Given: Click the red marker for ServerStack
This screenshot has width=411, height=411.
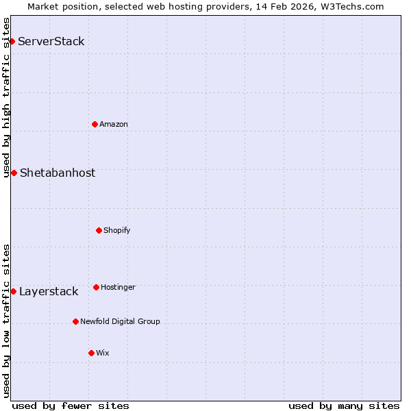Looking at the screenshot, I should (x=12, y=42).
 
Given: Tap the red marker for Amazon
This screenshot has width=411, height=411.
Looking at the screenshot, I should (x=95, y=124).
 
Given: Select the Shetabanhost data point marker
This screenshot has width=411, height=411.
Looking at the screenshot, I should (x=14, y=173).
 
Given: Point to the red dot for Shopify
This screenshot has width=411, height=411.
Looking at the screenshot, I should (x=99, y=230).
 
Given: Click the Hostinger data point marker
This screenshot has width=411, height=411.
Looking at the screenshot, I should (x=96, y=287).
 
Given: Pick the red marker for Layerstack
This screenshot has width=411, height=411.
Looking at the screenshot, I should (x=13, y=291).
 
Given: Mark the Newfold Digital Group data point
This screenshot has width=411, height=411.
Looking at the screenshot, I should (x=75, y=321).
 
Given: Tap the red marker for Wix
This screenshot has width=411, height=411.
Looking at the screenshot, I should (x=91, y=353).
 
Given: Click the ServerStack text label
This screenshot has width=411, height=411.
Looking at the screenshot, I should (x=51, y=42).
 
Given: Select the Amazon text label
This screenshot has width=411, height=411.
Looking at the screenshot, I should (x=114, y=124).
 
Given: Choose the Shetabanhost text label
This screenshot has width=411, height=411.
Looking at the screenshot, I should (x=58, y=173).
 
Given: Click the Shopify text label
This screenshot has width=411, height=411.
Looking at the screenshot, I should (x=117, y=230).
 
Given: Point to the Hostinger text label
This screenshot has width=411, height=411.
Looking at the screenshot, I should (x=118, y=287).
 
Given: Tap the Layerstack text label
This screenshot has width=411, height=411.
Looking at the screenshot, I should (x=49, y=292).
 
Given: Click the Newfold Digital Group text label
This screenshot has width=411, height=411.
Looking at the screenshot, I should (x=120, y=321).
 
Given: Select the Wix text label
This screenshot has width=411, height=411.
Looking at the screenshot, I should (x=103, y=353).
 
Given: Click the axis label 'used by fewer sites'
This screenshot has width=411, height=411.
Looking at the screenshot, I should (x=71, y=406).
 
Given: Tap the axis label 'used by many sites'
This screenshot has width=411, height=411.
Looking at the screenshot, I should (x=344, y=406).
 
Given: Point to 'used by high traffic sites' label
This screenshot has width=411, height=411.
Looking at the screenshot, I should (x=6, y=97).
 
